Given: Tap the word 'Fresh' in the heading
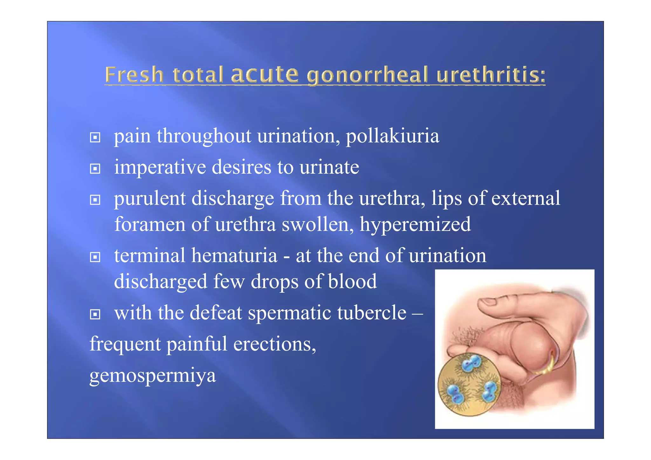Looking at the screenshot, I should click(x=134, y=75).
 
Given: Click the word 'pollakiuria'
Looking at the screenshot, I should click(x=392, y=136).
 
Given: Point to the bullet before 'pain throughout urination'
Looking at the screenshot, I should click(x=95, y=138).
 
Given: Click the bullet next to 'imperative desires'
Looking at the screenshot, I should click(x=95, y=168).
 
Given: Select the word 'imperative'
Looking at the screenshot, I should click(x=160, y=167).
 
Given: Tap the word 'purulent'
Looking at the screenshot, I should click(x=150, y=198).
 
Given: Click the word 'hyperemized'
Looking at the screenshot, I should click(x=415, y=224).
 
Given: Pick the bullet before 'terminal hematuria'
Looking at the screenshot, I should click(x=95, y=257).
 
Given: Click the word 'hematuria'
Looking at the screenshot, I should click(x=234, y=256).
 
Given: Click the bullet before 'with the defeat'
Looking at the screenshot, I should click(x=95, y=314).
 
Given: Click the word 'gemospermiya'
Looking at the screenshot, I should click(x=153, y=375).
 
